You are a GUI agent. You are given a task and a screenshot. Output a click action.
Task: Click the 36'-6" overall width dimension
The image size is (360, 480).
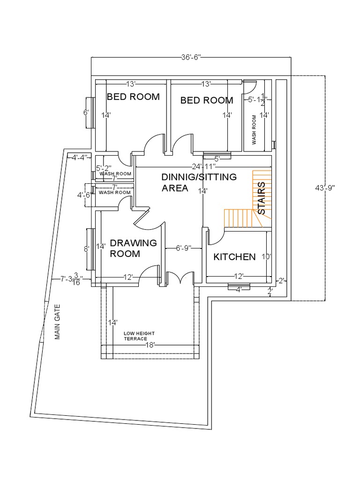tap(191, 57)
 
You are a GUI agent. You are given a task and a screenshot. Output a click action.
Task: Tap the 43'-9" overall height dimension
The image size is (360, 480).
tap(325, 187)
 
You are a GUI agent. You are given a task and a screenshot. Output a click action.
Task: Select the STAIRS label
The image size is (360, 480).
tap(262, 198)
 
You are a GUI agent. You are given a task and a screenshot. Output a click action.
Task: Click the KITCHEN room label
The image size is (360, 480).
tap(234, 257)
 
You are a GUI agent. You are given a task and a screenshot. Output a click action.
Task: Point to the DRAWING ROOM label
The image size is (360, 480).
tap(126, 248)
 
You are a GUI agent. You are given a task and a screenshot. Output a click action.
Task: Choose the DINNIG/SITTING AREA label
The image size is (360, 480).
tap(199, 182)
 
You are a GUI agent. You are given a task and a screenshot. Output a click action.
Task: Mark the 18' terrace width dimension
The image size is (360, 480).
tap(150, 345)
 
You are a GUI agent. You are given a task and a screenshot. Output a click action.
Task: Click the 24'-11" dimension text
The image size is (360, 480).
tap(203, 167)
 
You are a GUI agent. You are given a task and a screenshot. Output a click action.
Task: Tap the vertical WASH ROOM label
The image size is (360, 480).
tap(255, 129)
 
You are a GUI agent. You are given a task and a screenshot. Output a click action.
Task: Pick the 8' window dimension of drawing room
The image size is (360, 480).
tap(86, 249)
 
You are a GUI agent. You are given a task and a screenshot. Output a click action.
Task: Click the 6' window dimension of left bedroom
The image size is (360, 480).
tap(86, 112)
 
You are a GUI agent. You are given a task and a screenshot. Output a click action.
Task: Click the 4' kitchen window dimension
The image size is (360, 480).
tap(238, 290)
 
